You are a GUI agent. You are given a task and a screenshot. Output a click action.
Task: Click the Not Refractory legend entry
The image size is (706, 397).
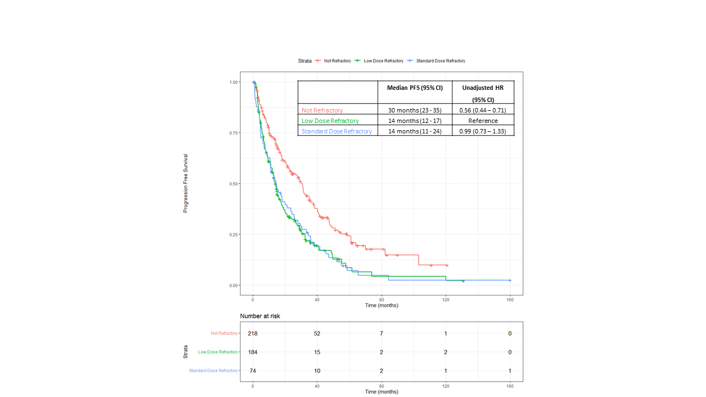[x=337, y=61]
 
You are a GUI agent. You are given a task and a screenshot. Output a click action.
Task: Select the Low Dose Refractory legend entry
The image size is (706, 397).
[x=383, y=61]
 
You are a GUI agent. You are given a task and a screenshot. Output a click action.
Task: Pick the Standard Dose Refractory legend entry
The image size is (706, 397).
[x=440, y=61]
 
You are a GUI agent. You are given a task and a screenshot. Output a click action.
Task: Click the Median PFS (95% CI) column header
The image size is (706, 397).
[x=415, y=88]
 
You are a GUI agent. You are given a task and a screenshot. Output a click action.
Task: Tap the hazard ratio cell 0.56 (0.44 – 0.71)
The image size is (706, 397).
[x=483, y=110]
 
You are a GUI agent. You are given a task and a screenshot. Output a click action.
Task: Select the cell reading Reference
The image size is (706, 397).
[x=483, y=121]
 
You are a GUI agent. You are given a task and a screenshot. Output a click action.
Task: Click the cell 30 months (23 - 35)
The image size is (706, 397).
[x=415, y=110]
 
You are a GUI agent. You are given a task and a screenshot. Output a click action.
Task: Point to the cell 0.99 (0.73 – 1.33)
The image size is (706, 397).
[x=483, y=131]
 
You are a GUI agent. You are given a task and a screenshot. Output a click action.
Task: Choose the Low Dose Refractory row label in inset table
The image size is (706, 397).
[x=330, y=121]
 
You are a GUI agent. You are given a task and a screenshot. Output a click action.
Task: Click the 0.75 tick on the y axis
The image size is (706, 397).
[x=234, y=133]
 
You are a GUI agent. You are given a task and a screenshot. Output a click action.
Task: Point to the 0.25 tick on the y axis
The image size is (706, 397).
[x=234, y=234]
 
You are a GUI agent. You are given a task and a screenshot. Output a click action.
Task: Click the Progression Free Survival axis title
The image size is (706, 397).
[x=186, y=183]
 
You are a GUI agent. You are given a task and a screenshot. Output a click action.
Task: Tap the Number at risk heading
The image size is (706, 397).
[x=264, y=316]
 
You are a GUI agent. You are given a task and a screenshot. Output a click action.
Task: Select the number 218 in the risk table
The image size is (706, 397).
[x=253, y=334]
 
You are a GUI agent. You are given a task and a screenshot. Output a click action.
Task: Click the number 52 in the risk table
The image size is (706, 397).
[x=317, y=334]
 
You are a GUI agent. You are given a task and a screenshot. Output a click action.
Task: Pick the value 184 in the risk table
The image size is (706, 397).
[x=253, y=352]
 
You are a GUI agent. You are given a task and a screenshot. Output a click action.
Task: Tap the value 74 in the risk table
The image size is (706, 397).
[x=253, y=371]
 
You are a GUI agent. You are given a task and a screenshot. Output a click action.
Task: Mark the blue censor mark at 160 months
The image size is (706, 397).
[x=510, y=280]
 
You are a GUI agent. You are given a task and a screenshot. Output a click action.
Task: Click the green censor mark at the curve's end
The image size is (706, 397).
[x=463, y=281]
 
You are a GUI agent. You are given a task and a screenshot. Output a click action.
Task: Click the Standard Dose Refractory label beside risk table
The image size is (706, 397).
[x=213, y=371]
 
